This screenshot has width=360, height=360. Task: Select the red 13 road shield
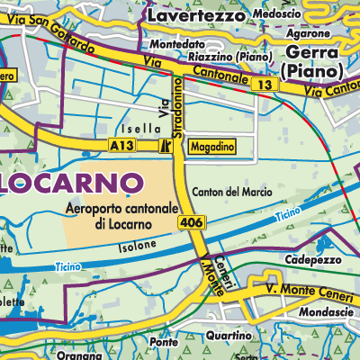[x=263, y=84]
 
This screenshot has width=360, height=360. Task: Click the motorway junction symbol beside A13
[x=165, y=146]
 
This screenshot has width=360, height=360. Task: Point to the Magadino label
[x=213, y=146]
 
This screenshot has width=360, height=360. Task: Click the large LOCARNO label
[x=71, y=182]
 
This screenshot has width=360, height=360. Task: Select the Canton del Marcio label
[x=232, y=192]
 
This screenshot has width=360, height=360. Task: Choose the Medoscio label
[x=277, y=15]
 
